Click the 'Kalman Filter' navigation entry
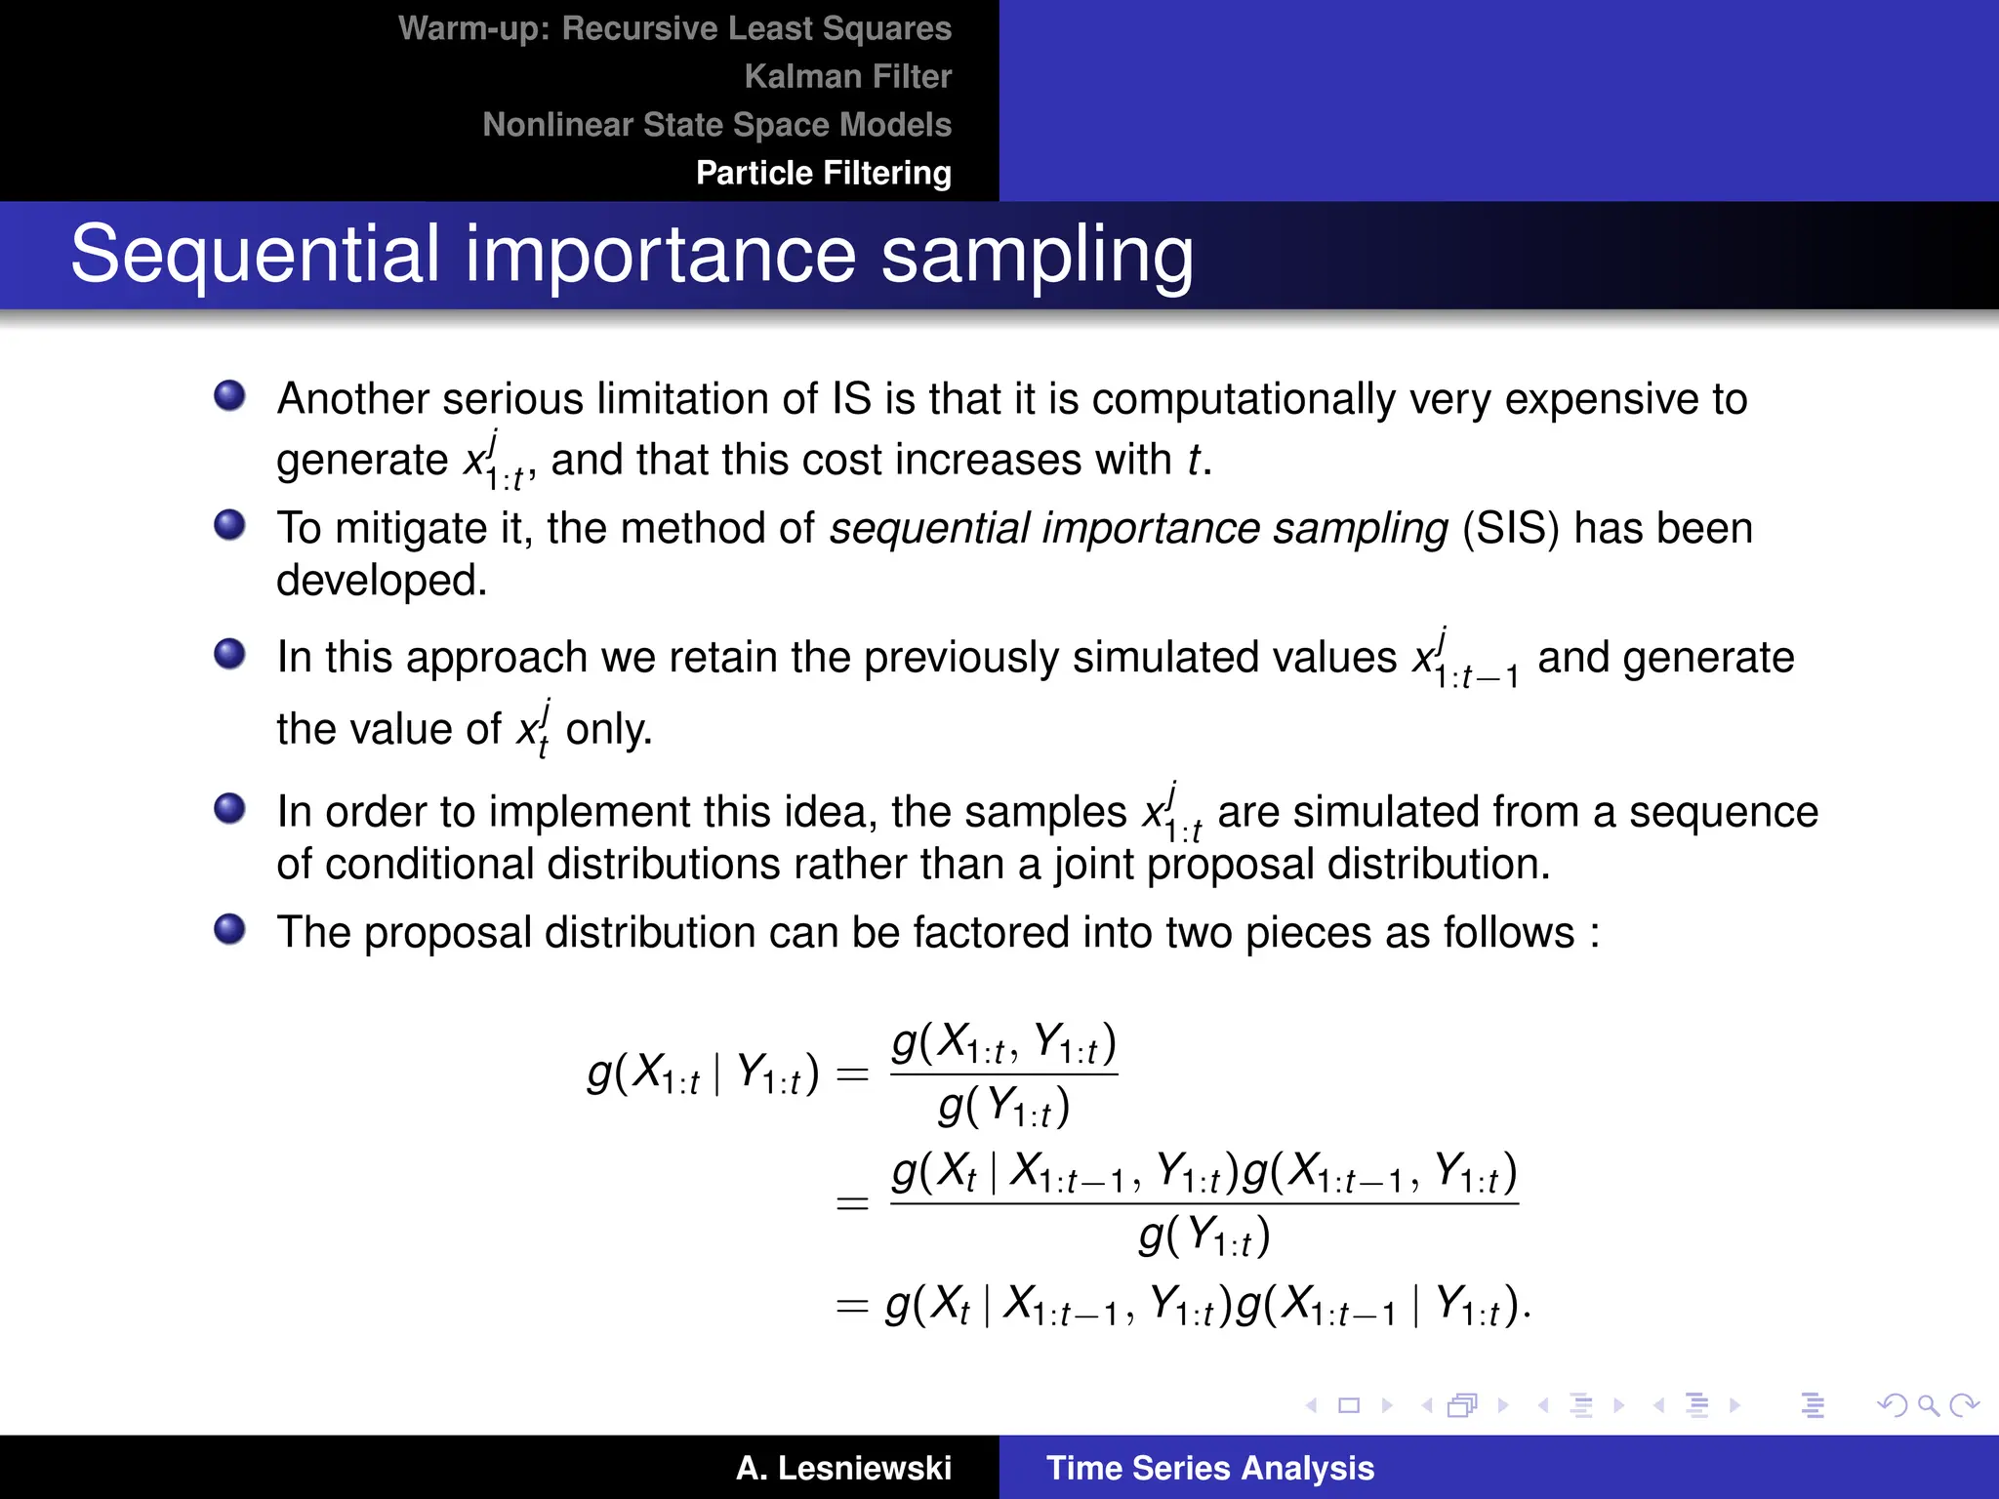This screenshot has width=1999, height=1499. point(847,76)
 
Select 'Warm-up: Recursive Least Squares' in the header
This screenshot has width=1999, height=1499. point(674,28)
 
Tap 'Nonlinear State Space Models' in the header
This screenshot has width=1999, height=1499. point(716,125)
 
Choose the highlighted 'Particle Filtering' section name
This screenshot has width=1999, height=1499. point(823,173)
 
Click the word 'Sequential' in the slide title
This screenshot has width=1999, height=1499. point(255,254)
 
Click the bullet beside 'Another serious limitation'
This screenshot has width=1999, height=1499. point(230,396)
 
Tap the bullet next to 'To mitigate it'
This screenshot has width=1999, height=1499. point(230,525)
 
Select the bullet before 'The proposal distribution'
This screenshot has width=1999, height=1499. point(230,929)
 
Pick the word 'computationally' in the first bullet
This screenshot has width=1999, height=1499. point(1244,399)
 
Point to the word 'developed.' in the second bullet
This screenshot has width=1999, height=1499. point(382,581)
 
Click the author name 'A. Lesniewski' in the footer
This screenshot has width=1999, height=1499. point(843,1468)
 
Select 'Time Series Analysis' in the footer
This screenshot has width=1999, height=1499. point(1209,1468)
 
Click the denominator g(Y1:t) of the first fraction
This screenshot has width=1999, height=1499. point(1003,1108)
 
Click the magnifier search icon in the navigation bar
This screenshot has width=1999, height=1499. point(1928,1405)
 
